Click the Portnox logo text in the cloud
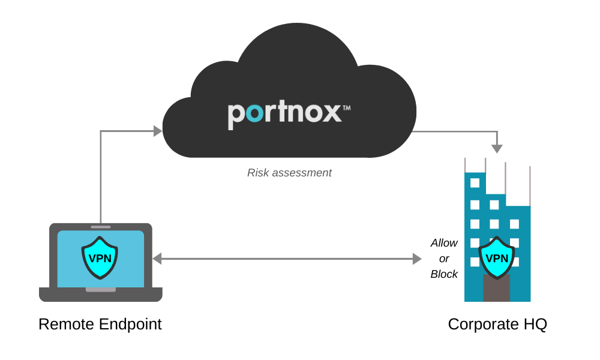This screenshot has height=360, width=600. pyautogui.click(x=284, y=115)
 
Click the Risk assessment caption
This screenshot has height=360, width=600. pyautogui.click(x=289, y=173)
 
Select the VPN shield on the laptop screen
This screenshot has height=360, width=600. pyautogui.click(x=100, y=257)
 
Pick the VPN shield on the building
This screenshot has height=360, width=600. pyautogui.click(x=497, y=258)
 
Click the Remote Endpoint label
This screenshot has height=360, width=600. pyautogui.click(x=100, y=324)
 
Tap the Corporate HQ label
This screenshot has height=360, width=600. pyautogui.click(x=497, y=324)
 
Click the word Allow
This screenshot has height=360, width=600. pyautogui.click(x=444, y=243)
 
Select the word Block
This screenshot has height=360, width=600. pyautogui.click(x=444, y=274)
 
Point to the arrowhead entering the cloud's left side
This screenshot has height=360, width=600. pyautogui.click(x=158, y=131)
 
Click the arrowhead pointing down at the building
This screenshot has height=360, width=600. pyautogui.click(x=497, y=148)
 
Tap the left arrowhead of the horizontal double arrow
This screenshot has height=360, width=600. pyautogui.click(x=157, y=259)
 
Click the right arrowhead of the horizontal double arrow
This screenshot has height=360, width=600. pyautogui.click(x=417, y=259)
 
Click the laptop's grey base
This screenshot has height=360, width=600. pyautogui.click(x=101, y=295)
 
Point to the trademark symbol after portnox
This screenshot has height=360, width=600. pyautogui.click(x=346, y=108)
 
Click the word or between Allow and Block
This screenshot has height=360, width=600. pyautogui.click(x=444, y=259)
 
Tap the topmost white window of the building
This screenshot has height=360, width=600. pyautogui.click(x=475, y=183)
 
